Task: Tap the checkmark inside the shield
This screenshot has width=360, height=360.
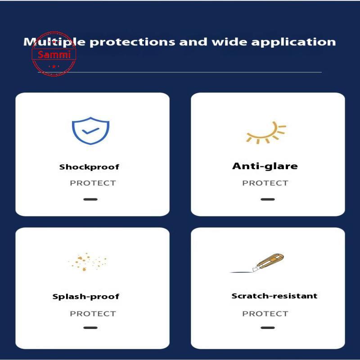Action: tap(91, 131)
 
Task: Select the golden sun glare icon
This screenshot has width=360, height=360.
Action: tap(266, 133)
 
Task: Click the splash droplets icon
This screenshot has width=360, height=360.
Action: tap(87, 262)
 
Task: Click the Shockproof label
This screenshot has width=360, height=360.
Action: tap(89, 167)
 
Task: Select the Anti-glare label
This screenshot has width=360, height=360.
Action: tap(265, 166)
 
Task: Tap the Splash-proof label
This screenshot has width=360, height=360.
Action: tap(86, 297)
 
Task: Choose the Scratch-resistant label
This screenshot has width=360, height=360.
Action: tap(274, 296)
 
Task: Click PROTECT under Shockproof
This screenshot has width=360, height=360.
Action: tap(93, 183)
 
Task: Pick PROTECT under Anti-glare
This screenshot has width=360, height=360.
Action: tap(265, 183)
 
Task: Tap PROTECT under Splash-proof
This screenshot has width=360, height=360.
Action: tap(93, 314)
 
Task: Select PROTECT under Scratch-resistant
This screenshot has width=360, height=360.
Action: tap(265, 314)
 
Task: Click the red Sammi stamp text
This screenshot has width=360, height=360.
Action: tap(54, 54)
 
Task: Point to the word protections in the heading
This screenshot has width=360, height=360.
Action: tap(132, 42)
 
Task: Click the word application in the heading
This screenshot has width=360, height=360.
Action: tap(293, 42)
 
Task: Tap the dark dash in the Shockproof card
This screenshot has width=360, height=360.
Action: tap(90, 199)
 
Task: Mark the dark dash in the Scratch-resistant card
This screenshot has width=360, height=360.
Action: tap(268, 328)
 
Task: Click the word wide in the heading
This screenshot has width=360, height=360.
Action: tap(229, 41)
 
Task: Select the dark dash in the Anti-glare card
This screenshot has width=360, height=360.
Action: tap(268, 199)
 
